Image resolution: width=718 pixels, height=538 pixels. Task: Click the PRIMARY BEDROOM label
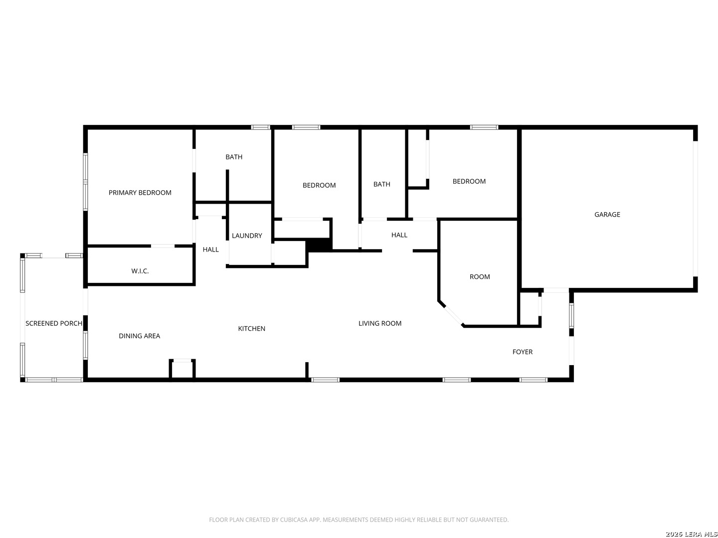[x=140, y=193]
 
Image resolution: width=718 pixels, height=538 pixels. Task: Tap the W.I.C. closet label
[x=140, y=271]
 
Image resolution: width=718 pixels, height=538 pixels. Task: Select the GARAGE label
[x=607, y=215]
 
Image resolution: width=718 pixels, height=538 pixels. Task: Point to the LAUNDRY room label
[x=247, y=236]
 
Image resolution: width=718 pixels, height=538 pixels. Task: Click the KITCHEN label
[x=251, y=329]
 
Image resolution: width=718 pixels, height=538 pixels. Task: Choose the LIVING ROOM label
[x=380, y=323]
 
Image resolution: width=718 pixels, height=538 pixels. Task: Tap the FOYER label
[x=523, y=352]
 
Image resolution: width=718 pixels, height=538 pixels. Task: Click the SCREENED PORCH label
[x=54, y=323]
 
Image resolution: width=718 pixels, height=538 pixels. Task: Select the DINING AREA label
[x=139, y=336]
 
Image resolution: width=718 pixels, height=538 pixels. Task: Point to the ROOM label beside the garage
[x=480, y=276]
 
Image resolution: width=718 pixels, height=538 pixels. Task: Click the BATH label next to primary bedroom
[x=234, y=157]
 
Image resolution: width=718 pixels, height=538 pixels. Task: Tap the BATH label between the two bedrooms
[x=382, y=184]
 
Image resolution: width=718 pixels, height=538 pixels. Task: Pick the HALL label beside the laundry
[x=210, y=250]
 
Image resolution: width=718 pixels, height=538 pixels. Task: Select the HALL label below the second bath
[x=399, y=235]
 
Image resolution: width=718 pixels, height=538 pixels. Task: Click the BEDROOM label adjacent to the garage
[x=469, y=181]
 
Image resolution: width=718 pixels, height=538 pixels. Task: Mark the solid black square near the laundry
[x=319, y=245]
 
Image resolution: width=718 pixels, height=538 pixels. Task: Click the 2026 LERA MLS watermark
[x=691, y=534]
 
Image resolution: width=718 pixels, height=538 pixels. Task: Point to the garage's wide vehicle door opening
[x=695, y=209]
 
